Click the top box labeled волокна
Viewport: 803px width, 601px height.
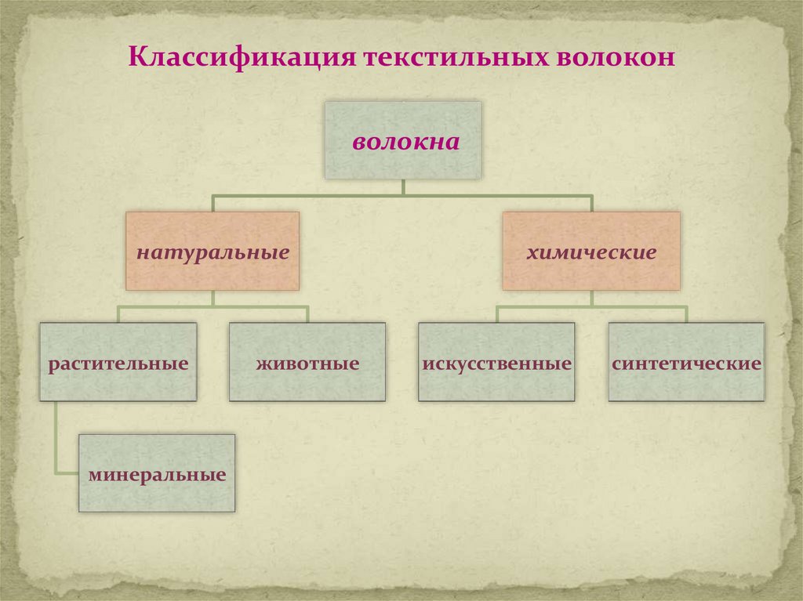pos(403,140)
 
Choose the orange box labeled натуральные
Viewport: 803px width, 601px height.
pos(213,251)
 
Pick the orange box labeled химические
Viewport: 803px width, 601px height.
pos(591,251)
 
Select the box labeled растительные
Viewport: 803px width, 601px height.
pos(118,362)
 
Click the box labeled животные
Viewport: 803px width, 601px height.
pos(307,362)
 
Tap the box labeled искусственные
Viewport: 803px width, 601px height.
pos(496,362)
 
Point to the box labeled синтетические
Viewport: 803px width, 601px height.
pos(686,362)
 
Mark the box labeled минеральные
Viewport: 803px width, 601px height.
pos(157,473)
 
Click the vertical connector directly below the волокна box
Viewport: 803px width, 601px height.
pos(403,186)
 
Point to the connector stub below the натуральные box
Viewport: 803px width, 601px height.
pos(213,298)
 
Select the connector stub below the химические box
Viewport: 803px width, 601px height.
pos(591,298)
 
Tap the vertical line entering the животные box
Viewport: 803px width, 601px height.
pos(307,315)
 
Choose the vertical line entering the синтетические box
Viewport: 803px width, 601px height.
pos(686,315)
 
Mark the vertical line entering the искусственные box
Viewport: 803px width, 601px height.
pos(496,315)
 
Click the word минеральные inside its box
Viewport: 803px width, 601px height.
pos(157,475)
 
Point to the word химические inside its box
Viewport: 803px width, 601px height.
pos(591,253)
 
